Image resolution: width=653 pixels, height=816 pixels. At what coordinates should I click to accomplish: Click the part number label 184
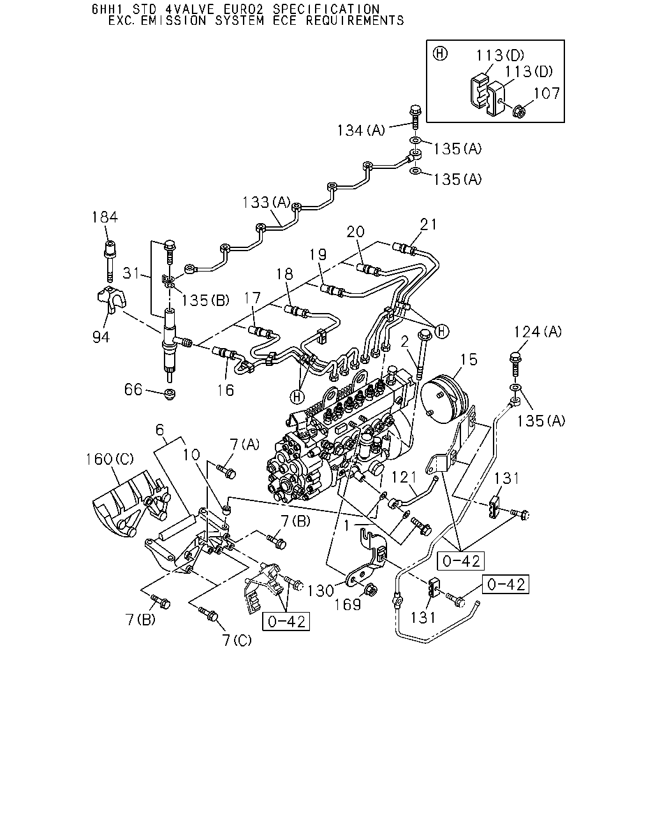(x=105, y=217)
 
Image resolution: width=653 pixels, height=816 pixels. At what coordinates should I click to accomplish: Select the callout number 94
(x=101, y=337)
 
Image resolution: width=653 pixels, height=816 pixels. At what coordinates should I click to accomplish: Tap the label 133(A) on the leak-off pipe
(x=267, y=202)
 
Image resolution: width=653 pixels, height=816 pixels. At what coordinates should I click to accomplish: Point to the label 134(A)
(x=361, y=131)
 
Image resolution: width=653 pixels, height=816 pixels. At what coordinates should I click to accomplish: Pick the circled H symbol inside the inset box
(x=440, y=54)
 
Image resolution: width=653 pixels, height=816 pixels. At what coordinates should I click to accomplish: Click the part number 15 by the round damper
(x=469, y=360)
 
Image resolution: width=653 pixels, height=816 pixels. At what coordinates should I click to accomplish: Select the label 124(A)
(x=538, y=331)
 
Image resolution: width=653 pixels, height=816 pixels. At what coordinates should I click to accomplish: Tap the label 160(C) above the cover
(x=110, y=459)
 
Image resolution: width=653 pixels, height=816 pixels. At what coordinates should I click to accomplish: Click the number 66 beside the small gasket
(x=133, y=390)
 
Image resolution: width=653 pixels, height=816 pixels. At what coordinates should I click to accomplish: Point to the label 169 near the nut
(x=348, y=605)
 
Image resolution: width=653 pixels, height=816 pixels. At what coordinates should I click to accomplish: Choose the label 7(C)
(x=237, y=641)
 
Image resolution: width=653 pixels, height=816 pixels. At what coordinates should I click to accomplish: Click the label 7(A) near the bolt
(x=245, y=444)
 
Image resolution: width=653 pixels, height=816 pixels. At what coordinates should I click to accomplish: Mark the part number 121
(x=404, y=477)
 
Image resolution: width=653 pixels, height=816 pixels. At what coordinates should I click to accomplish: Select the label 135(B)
(x=205, y=300)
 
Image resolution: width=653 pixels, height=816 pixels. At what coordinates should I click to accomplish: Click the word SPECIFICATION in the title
(x=326, y=9)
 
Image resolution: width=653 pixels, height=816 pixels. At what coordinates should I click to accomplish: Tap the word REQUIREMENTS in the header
(x=355, y=20)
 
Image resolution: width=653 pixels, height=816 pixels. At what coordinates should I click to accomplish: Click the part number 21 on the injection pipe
(x=429, y=224)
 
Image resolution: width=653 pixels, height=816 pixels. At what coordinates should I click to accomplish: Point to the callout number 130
(x=321, y=591)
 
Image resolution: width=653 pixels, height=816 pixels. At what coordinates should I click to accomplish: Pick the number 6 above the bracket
(x=159, y=430)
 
